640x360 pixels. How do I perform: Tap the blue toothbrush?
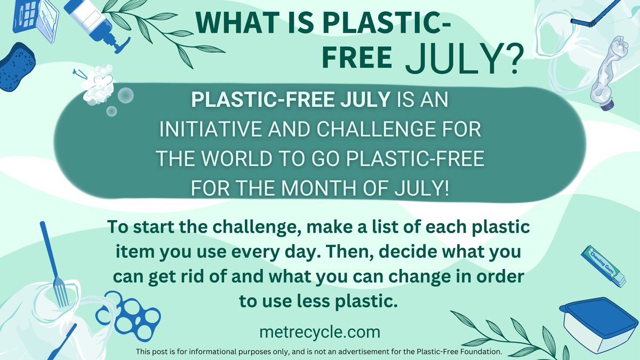tap(67, 339)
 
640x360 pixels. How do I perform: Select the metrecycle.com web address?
tap(319, 332)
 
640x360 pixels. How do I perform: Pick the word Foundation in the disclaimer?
tap(479, 352)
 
